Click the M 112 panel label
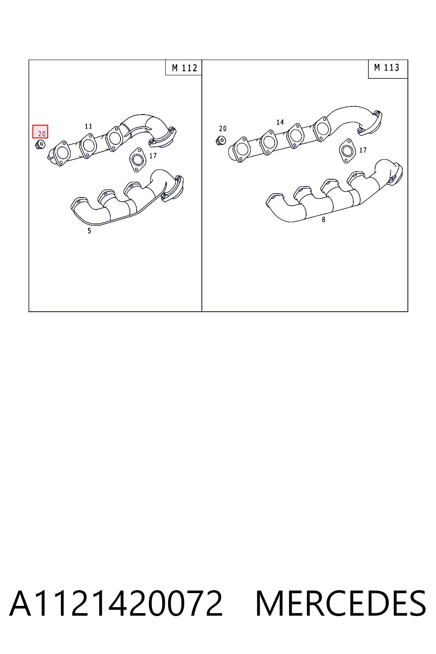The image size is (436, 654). [x=184, y=68]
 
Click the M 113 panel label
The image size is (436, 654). [x=387, y=68]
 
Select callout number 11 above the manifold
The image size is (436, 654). [x=89, y=126]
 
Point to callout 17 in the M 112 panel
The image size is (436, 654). [x=153, y=155]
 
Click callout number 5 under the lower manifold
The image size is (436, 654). [x=89, y=231]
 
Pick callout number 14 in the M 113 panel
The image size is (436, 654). [x=280, y=122]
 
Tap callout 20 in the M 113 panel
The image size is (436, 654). [x=223, y=129]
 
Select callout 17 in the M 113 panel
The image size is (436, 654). [x=363, y=150]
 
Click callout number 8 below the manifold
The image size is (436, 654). [x=323, y=220]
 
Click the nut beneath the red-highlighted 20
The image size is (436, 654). [x=40, y=144]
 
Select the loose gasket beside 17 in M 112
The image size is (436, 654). [x=136, y=160]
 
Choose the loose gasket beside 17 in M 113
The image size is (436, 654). [x=347, y=151]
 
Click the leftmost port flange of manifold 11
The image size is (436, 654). [x=61, y=154]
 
